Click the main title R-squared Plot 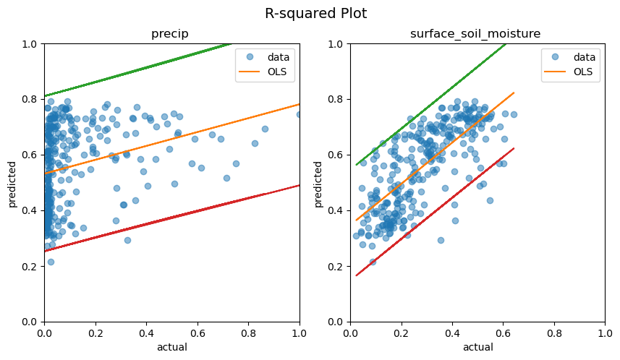315,14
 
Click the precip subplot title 171,34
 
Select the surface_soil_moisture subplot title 477,34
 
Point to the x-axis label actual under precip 171,347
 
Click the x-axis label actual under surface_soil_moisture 477,347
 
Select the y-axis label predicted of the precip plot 12,182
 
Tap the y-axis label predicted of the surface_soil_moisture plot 318,182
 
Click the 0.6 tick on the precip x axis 198,333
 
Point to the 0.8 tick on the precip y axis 29,99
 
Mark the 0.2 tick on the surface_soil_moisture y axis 335,266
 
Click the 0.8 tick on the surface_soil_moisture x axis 555,333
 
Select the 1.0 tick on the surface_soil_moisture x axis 606,333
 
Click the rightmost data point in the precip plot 300,114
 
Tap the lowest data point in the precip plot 51,262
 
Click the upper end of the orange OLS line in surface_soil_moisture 514,93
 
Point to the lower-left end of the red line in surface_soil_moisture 356,275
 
